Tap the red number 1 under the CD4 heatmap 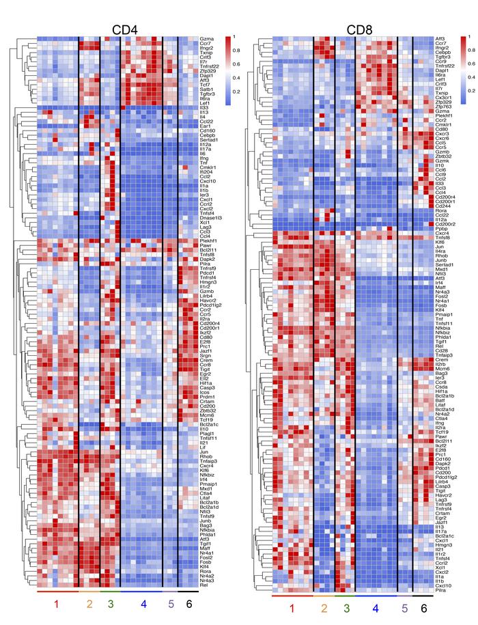57,605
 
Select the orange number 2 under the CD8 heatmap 324,608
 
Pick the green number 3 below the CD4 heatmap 110,605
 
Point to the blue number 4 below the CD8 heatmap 376,608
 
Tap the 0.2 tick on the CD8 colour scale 471,89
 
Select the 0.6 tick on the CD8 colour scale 471,63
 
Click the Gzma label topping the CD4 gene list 206,39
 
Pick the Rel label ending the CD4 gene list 203,585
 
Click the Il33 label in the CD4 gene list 203,107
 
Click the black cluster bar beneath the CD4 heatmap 188,592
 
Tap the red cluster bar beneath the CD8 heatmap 292,596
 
